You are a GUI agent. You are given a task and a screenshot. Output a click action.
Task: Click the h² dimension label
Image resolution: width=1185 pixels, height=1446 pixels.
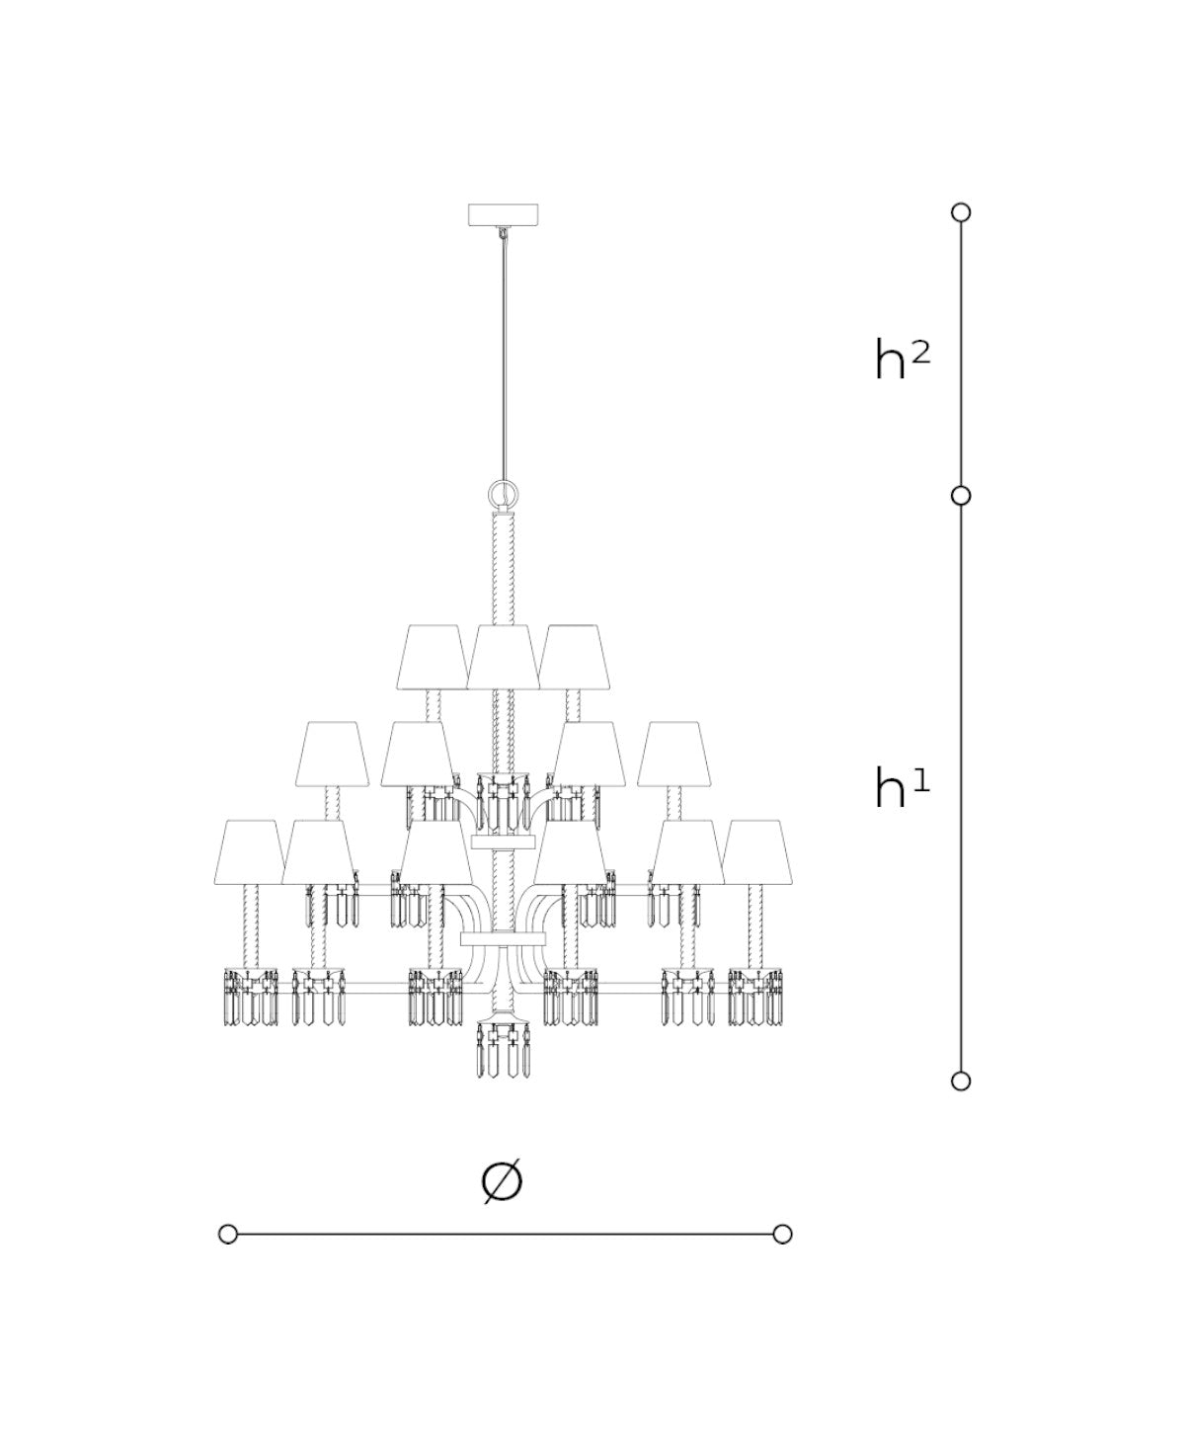point(902,359)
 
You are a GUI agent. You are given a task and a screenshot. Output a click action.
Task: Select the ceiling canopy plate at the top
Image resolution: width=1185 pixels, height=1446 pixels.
point(503,214)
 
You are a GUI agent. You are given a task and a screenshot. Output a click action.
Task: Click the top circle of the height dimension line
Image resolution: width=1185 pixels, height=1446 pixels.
point(961,212)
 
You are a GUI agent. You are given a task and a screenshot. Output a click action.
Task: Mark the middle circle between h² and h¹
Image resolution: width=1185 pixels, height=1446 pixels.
point(961,496)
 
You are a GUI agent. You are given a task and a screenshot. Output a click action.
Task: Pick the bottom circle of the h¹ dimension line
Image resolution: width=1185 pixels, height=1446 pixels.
point(961,1082)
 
